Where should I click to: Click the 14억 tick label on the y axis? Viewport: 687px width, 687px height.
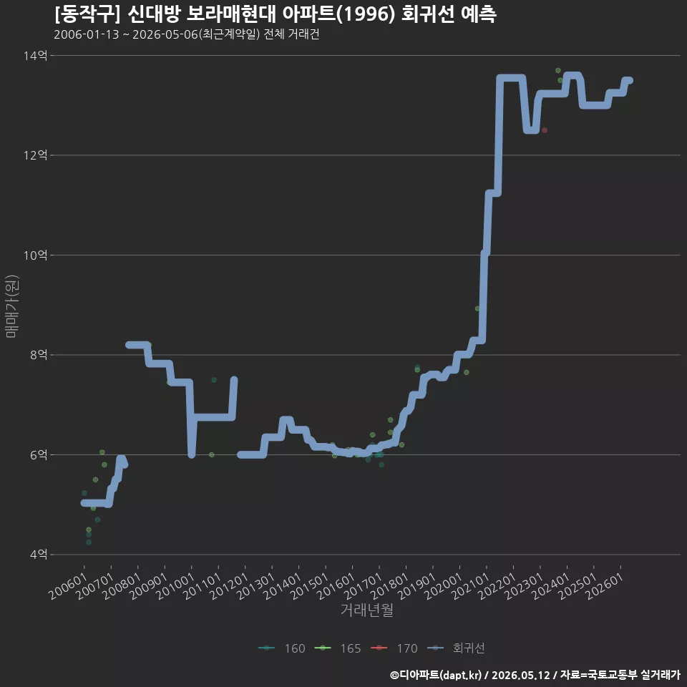(x=35, y=56)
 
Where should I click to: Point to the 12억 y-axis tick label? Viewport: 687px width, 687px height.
(x=35, y=155)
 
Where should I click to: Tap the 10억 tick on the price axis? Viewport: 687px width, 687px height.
(x=35, y=255)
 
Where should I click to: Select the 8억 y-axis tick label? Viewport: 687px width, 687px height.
(x=38, y=355)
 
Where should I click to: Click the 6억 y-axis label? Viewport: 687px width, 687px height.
(x=38, y=455)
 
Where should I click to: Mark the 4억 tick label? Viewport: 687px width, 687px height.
(x=38, y=555)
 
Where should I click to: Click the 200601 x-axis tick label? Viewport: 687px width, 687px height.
(x=68, y=586)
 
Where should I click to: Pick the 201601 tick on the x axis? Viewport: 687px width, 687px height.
(x=336, y=586)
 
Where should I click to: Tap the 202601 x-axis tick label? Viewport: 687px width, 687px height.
(x=604, y=586)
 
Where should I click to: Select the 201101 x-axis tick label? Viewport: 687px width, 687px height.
(x=202, y=586)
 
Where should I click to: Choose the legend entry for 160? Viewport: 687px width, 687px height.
(x=282, y=648)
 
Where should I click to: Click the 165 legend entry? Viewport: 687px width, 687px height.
(x=338, y=648)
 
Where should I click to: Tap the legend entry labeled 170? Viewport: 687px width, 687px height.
(x=394, y=648)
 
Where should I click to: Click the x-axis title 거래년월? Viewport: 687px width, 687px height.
(x=366, y=610)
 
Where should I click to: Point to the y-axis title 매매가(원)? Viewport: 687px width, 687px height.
(x=11, y=306)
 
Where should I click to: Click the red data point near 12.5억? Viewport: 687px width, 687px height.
(x=544, y=130)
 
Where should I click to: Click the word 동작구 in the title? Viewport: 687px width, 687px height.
(x=87, y=14)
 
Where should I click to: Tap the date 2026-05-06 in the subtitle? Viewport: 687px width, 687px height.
(x=165, y=34)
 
